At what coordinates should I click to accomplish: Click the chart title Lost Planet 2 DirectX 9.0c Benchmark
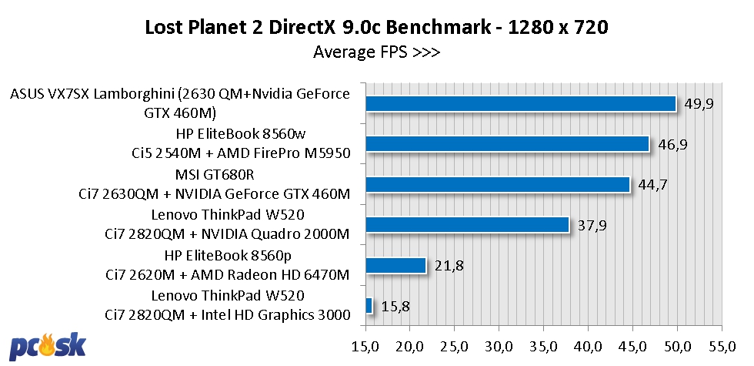coord(377,28)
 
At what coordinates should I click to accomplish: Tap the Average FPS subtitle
coord(376,52)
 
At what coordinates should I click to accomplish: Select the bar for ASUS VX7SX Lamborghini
coord(520,103)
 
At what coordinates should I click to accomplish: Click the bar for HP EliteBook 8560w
coord(507,144)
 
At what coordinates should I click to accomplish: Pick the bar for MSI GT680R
coord(497,184)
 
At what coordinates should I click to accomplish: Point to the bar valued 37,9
coord(467,224)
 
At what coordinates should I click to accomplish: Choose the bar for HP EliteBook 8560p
coord(395,265)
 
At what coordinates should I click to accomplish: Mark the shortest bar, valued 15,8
coord(369,306)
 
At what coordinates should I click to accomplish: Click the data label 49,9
coord(699,103)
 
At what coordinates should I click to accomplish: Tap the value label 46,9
coord(672,144)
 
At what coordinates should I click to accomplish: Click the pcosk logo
coord(48,347)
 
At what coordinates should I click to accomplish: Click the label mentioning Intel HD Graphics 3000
coord(228,314)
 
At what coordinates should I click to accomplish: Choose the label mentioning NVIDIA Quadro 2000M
coord(228,233)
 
